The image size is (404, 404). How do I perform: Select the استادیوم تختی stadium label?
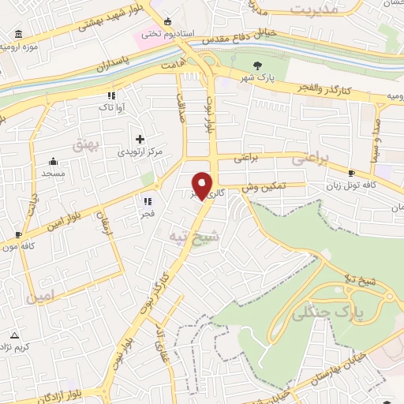[x=163, y=35]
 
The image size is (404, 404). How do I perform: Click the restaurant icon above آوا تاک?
[x=111, y=95]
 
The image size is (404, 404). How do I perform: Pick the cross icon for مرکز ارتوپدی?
[x=140, y=138]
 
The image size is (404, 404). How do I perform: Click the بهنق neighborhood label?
[x=83, y=145]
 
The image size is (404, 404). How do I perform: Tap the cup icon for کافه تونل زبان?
[x=351, y=173]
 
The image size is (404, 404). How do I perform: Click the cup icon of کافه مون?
[x=18, y=234]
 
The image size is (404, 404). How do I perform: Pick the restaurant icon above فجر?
[x=148, y=201]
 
